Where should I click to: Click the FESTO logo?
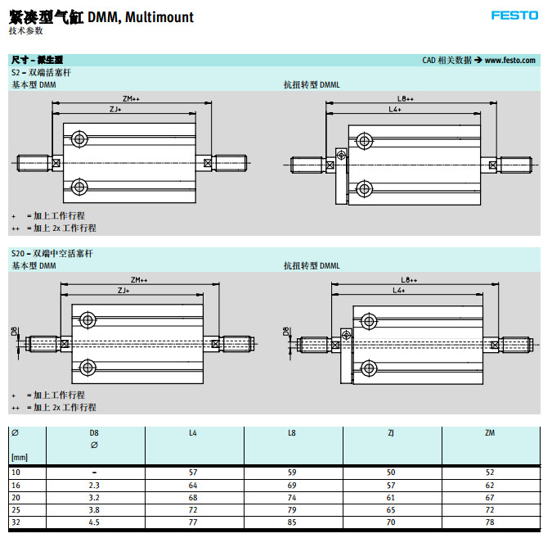click(x=514, y=15)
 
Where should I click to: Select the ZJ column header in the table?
click(x=391, y=432)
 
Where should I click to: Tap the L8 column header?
click(x=292, y=432)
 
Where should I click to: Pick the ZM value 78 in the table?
click(x=490, y=522)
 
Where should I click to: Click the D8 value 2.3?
click(x=94, y=485)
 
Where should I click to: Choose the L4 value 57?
click(x=193, y=472)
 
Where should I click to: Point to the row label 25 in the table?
click(x=15, y=509)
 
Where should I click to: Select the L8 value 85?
click(x=292, y=522)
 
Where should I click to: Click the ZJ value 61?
click(x=391, y=497)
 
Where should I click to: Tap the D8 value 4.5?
click(x=94, y=522)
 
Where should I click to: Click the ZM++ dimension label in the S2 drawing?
click(x=132, y=98)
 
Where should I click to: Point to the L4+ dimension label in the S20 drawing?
click(x=399, y=291)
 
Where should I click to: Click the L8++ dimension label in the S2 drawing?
click(x=406, y=98)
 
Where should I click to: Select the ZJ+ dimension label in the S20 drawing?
click(x=123, y=291)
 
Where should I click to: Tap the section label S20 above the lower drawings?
click(x=19, y=254)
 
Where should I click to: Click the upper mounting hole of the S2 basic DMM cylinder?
click(x=79, y=139)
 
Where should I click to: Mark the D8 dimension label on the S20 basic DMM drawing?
click(x=14, y=332)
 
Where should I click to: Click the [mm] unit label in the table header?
click(x=19, y=457)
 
